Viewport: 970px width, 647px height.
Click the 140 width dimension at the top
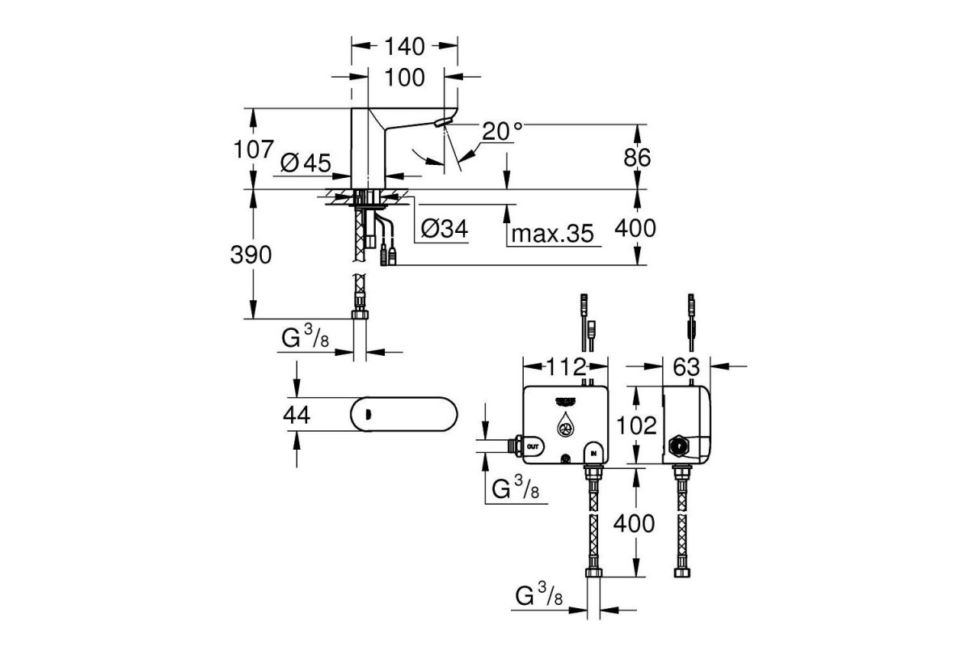click(x=404, y=47)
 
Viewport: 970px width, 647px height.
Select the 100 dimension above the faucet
click(x=404, y=78)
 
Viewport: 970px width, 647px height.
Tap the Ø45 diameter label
click(x=306, y=163)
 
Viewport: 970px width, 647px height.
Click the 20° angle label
click(x=503, y=131)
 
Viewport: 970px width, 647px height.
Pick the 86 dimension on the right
click(x=637, y=158)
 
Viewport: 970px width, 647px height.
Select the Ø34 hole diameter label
click(x=444, y=230)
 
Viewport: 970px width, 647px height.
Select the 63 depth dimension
click(x=685, y=366)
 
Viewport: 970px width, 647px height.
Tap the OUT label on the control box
click(x=531, y=446)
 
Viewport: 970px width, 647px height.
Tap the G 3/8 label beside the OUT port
click(x=516, y=489)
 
